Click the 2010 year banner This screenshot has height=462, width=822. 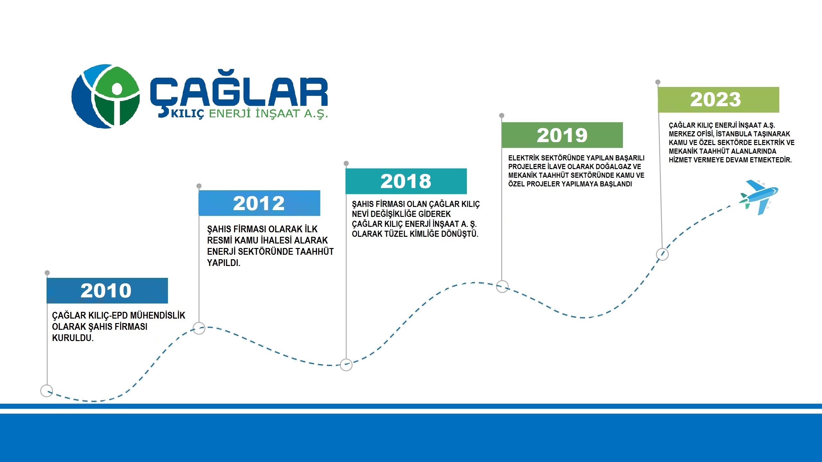107,291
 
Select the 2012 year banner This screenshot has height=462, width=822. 259,203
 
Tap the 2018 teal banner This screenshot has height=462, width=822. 406,181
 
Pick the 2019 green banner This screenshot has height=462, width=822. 562,135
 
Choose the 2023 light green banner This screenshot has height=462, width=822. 719,100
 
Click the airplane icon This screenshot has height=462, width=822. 759,197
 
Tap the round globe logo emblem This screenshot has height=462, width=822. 106,96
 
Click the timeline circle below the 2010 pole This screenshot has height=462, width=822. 47,391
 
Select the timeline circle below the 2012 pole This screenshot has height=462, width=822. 199,328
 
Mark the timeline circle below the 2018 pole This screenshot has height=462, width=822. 346,365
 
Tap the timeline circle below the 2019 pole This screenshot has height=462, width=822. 503,287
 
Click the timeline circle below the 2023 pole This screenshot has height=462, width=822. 662,254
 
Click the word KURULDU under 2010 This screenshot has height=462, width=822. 73,338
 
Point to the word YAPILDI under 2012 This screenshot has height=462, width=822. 224,263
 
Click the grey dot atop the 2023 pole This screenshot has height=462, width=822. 658,82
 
